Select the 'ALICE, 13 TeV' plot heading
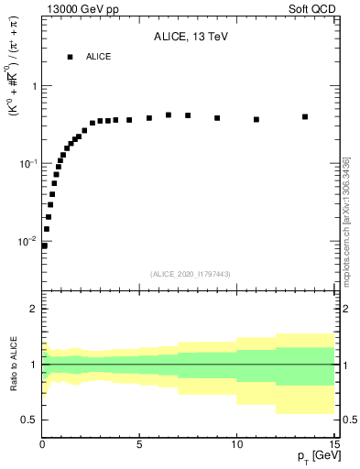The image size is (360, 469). tap(191, 38)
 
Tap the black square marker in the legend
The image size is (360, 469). tap(70, 57)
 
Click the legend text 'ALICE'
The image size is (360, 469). tap(99, 57)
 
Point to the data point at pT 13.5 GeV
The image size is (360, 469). tap(304, 116)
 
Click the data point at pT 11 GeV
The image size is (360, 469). tap(256, 119)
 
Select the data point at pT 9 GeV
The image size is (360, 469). tap(217, 118)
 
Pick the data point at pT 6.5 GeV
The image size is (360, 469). tap(169, 115)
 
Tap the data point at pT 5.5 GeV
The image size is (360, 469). tap(149, 118)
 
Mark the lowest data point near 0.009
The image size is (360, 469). tap(44, 245)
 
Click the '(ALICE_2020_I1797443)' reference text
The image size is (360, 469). tap(190, 274)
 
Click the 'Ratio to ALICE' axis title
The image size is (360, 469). tap(13, 364)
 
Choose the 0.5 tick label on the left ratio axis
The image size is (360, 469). tap(30, 420)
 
